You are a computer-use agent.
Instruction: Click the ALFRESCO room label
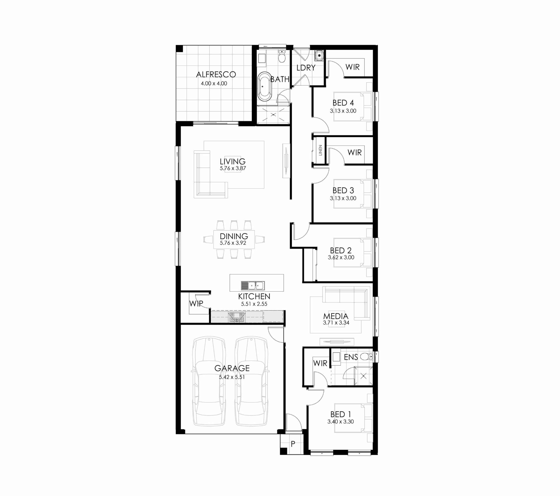click(216, 74)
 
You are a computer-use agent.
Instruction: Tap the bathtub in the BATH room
click(265, 87)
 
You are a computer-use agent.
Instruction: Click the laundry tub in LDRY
click(319, 55)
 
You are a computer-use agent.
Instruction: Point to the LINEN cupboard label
click(320, 150)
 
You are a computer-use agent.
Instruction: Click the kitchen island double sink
click(253, 286)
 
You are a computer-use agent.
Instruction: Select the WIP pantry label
click(196, 304)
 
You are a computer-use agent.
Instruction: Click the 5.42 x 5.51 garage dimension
click(232, 377)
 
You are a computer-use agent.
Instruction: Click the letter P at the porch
click(293, 444)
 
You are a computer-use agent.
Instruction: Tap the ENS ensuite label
click(351, 357)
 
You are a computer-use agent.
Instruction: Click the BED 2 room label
click(341, 251)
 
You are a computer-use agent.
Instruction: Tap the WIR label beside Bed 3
click(355, 153)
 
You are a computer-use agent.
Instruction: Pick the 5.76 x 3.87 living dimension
click(233, 168)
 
